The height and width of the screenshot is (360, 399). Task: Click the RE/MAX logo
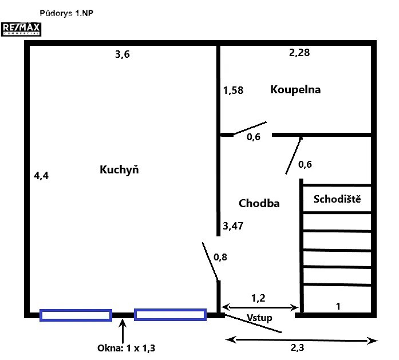point(21,29)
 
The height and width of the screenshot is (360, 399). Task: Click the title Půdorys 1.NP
point(66,13)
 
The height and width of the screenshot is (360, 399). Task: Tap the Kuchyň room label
point(119,169)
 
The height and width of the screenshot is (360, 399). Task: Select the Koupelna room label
point(295,90)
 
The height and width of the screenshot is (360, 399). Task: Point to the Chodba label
point(259,204)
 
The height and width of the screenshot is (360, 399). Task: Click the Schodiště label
point(337,199)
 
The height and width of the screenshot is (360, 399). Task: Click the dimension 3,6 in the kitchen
point(123,54)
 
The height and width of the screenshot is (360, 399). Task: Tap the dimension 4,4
point(41,176)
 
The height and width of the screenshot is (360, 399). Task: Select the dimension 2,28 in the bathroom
point(299,53)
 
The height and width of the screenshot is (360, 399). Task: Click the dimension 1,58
point(233,90)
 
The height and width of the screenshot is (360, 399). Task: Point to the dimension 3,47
point(233,226)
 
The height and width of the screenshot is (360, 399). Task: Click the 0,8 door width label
point(220,257)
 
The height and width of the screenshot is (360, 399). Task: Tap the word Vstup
point(259,318)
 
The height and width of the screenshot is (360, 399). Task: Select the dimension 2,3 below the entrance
point(297,347)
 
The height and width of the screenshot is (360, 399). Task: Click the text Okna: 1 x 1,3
point(126,348)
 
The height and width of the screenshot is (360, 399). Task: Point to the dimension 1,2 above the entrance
point(258,298)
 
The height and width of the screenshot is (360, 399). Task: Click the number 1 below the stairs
point(338,307)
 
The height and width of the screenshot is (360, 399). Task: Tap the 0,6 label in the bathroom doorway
point(254,137)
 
